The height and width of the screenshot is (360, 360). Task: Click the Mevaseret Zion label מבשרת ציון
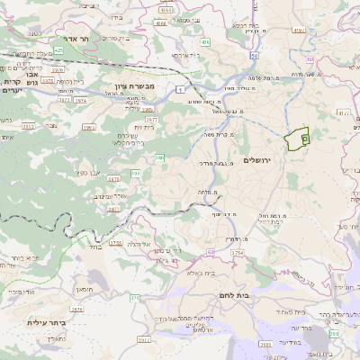[133, 86]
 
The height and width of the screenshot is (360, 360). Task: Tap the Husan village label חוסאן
[85, 289]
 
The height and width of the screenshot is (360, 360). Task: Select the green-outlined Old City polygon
[296, 139]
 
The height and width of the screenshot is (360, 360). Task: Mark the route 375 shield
[135, 297]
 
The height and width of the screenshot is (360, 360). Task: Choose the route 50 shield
[255, 56]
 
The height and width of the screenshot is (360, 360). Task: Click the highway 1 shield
[180, 89]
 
